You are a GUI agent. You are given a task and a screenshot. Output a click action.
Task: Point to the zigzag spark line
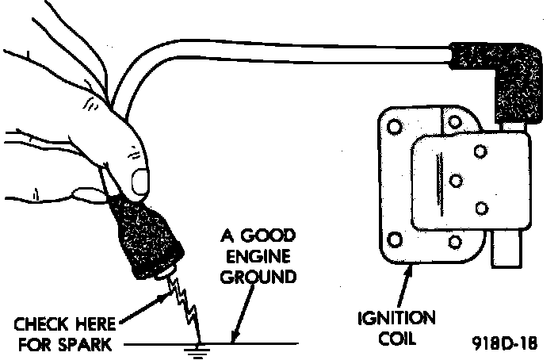point(185,305)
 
